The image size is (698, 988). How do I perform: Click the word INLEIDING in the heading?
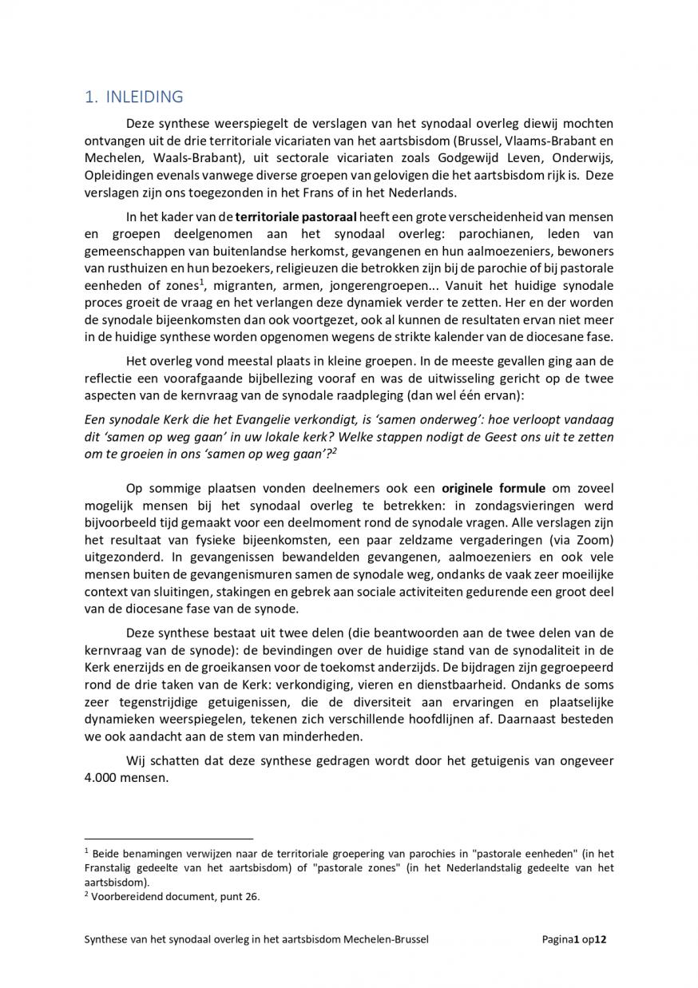[144, 97]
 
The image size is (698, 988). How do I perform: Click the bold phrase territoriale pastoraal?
[296, 216]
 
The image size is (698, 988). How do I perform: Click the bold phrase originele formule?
[494, 488]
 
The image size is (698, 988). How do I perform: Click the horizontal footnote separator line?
[169, 839]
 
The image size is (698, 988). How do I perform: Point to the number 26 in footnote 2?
[252, 896]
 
